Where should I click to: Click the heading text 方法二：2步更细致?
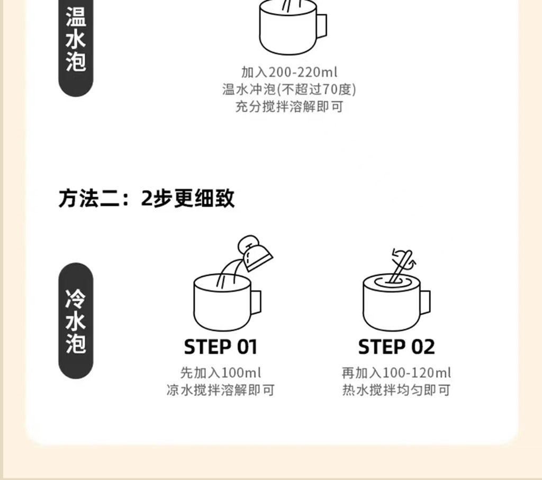[x=147, y=198]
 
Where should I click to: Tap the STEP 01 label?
[x=221, y=347]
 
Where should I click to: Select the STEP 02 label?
[x=396, y=347]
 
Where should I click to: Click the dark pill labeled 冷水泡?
[x=76, y=321]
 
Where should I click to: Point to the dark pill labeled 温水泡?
[x=76, y=48]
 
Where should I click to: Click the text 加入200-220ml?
[x=289, y=72]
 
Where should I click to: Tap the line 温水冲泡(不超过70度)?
[x=289, y=89]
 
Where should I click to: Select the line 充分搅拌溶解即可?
[x=289, y=106]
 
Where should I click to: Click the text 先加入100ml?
[x=221, y=373]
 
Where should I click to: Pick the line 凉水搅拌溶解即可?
[x=221, y=390]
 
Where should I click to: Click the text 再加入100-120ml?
[x=396, y=373]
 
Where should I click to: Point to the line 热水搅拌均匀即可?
[x=396, y=390]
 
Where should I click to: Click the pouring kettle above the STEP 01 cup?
[x=255, y=253]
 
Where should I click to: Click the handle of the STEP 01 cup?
[x=256, y=302]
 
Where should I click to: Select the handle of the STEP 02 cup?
[x=426, y=302]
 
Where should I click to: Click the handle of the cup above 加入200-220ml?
[x=322, y=26]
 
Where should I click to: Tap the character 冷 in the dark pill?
[x=76, y=299]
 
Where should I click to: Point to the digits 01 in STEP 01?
[x=247, y=347]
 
